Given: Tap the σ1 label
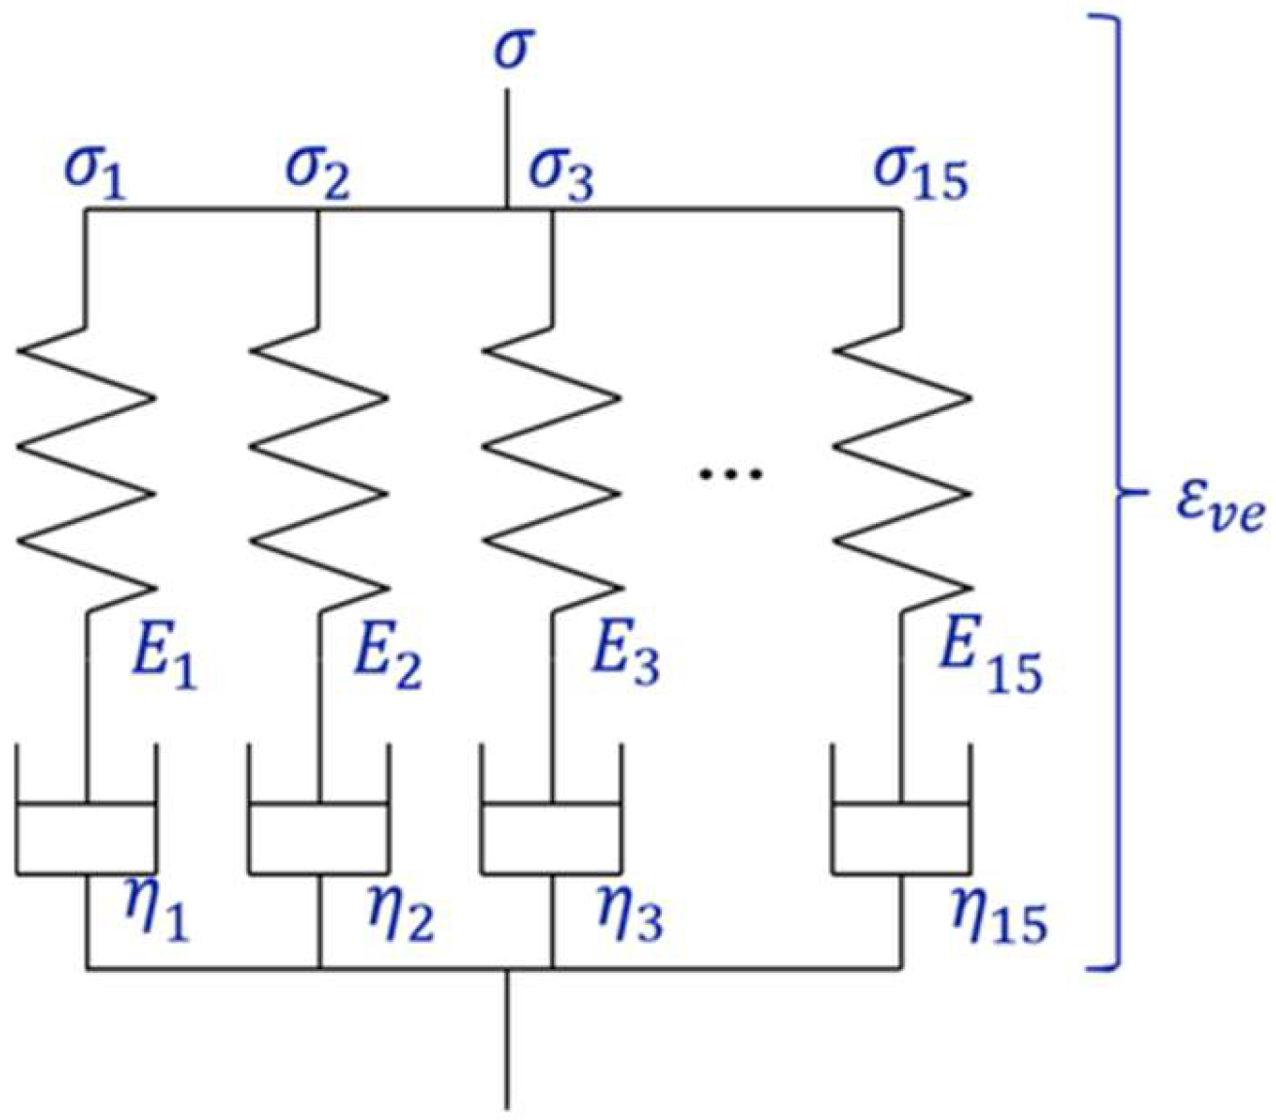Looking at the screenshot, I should pyautogui.click(x=94, y=175).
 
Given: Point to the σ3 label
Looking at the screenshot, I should pyautogui.click(x=562, y=175).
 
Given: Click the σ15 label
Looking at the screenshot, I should pyautogui.click(x=920, y=175).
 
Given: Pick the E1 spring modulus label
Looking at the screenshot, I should pyautogui.click(x=164, y=658).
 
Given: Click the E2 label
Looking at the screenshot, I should pyautogui.click(x=387, y=658).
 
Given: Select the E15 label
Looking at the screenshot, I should pyautogui.click(x=988, y=663).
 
